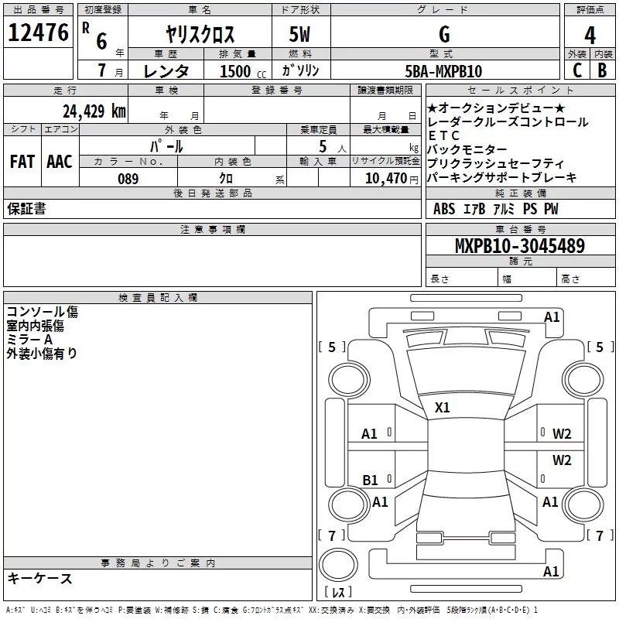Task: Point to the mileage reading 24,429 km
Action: click(94, 111)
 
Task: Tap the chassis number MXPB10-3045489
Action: click(519, 246)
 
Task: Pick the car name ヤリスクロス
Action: click(200, 35)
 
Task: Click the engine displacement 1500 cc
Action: click(240, 71)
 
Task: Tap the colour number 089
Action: click(128, 179)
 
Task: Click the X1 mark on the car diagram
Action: click(443, 407)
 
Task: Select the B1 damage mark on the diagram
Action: click(371, 480)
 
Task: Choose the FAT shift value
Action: click(22, 162)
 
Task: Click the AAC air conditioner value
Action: click(60, 162)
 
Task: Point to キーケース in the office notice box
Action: click(39, 579)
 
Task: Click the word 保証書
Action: click(26, 209)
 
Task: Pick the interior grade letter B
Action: click(603, 70)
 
